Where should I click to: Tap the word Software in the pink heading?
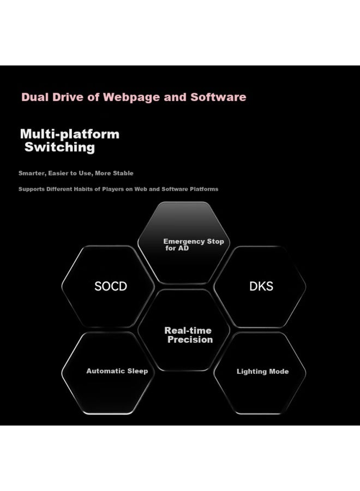(x=218, y=97)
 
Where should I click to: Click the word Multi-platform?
(x=70, y=134)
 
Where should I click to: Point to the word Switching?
(x=59, y=147)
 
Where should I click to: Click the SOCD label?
(x=111, y=286)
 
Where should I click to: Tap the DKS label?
(x=261, y=286)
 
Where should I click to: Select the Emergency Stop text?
(x=194, y=242)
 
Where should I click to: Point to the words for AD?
(x=177, y=248)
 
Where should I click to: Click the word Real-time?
(x=188, y=331)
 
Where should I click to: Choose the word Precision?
(x=190, y=339)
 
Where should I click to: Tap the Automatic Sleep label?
(x=117, y=371)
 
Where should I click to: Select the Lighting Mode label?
(x=263, y=372)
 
